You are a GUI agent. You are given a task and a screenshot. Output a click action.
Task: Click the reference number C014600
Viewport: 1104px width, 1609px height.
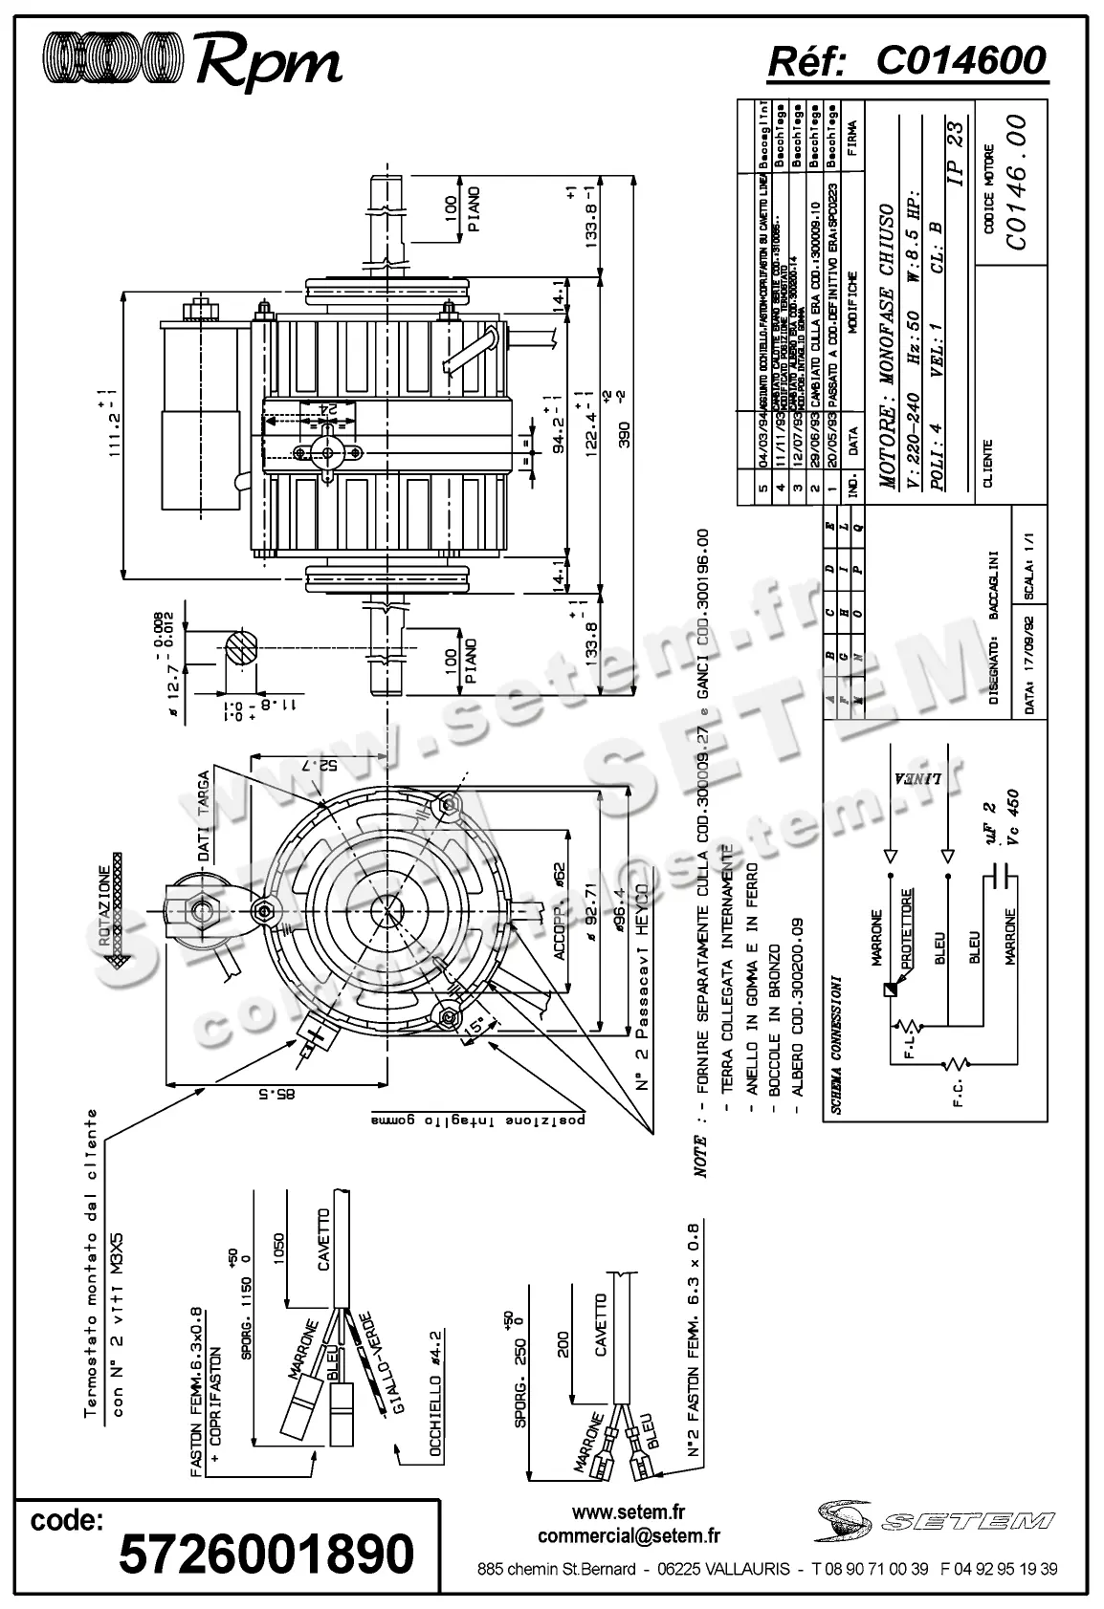pos(960,60)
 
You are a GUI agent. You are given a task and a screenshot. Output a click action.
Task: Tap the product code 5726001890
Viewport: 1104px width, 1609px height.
pos(266,1553)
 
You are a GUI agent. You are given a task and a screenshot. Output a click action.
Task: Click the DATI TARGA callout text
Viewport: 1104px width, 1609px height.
pos(203,817)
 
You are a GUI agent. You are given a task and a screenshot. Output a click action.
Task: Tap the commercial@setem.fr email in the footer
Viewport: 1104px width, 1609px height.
pos(629,1535)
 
